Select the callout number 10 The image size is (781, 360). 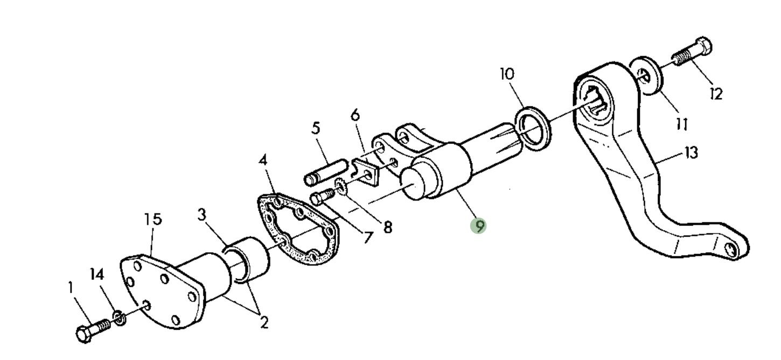(507, 74)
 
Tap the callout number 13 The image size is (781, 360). (692, 153)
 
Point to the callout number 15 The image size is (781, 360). (153, 219)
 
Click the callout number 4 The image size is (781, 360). (263, 160)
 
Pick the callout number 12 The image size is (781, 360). (716, 93)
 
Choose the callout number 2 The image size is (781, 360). (264, 322)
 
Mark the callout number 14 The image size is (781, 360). (97, 274)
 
